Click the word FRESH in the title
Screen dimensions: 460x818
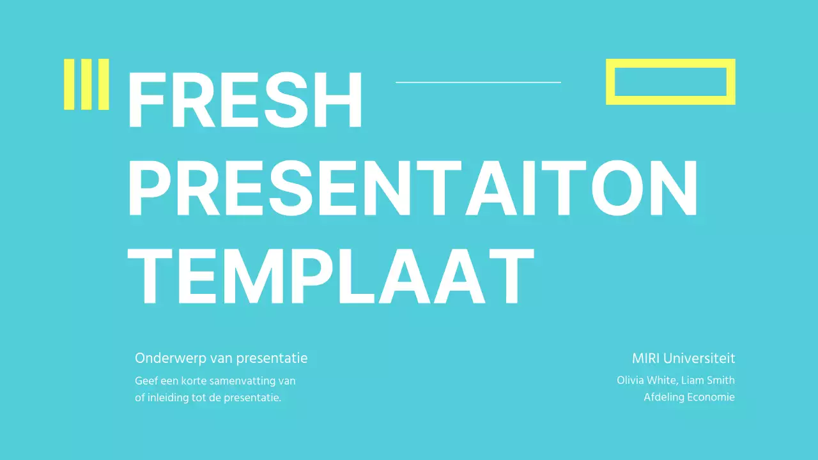pos(245,100)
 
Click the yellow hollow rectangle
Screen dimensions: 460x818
pos(670,63)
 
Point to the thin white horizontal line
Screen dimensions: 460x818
pos(478,82)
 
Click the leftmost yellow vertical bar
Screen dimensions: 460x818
pos(69,84)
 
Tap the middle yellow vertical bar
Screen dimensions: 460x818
pos(86,84)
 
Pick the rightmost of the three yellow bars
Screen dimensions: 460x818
pos(104,84)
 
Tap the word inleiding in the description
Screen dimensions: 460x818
pos(167,397)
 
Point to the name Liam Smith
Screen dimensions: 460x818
pos(708,380)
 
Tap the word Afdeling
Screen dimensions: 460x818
pos(663,397)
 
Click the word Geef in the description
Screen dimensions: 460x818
pos(146,381)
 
